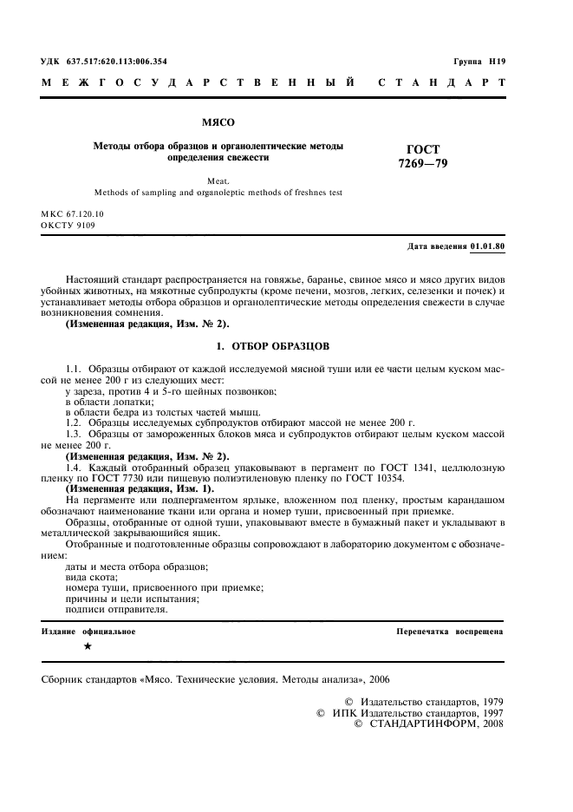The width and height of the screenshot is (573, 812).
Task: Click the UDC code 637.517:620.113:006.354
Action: (117, 62)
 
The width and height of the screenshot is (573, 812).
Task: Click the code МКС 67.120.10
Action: (72, 213)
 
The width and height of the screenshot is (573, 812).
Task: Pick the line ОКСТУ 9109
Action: (68, 226)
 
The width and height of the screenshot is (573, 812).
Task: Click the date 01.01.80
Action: (487, 247)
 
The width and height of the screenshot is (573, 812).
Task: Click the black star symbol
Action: (88, 647)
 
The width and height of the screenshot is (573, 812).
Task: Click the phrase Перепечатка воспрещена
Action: (449, 632)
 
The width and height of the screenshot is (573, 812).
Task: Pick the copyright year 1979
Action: (488, 701)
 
